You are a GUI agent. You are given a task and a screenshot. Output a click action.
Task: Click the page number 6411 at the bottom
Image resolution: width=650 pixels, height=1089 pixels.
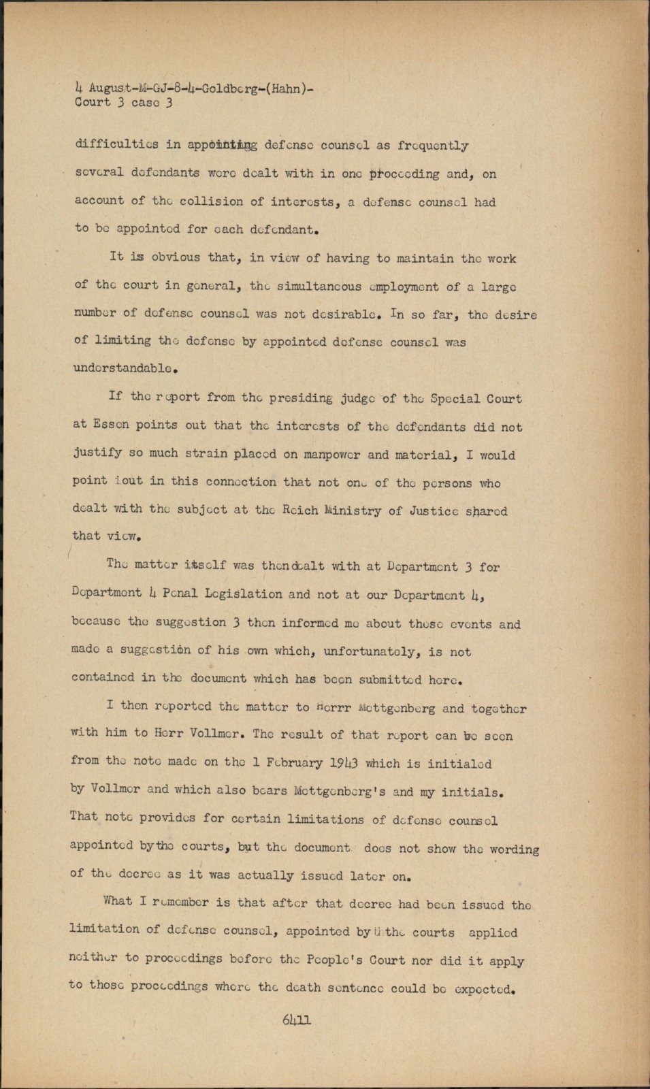pos(296,1020)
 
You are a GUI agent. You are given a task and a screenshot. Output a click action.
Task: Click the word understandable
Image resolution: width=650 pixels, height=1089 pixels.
pos(125,369)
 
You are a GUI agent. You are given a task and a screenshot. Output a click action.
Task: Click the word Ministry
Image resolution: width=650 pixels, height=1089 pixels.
pos(351,510)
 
